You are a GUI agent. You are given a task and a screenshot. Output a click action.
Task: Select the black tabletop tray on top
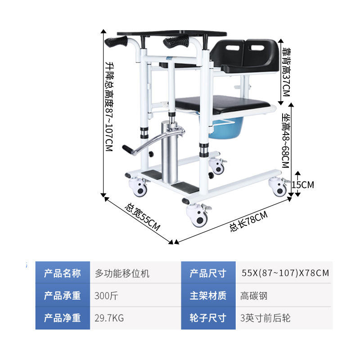(x=171, y=33)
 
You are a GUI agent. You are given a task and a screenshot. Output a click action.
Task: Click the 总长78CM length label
(x=248, y=221)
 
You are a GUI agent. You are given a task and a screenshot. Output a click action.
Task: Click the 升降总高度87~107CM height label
(x=108, y=106)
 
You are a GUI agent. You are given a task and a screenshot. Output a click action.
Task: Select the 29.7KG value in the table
(x=109, y=318)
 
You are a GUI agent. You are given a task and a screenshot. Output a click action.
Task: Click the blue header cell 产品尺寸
(x=207, y=273)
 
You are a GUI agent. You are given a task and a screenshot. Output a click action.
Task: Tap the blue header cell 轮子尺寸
(x=207, y=318)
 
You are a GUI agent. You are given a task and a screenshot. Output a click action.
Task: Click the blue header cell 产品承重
(x=63, y=296)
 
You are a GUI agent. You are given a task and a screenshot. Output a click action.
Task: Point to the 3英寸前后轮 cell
(x=265, y=318)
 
